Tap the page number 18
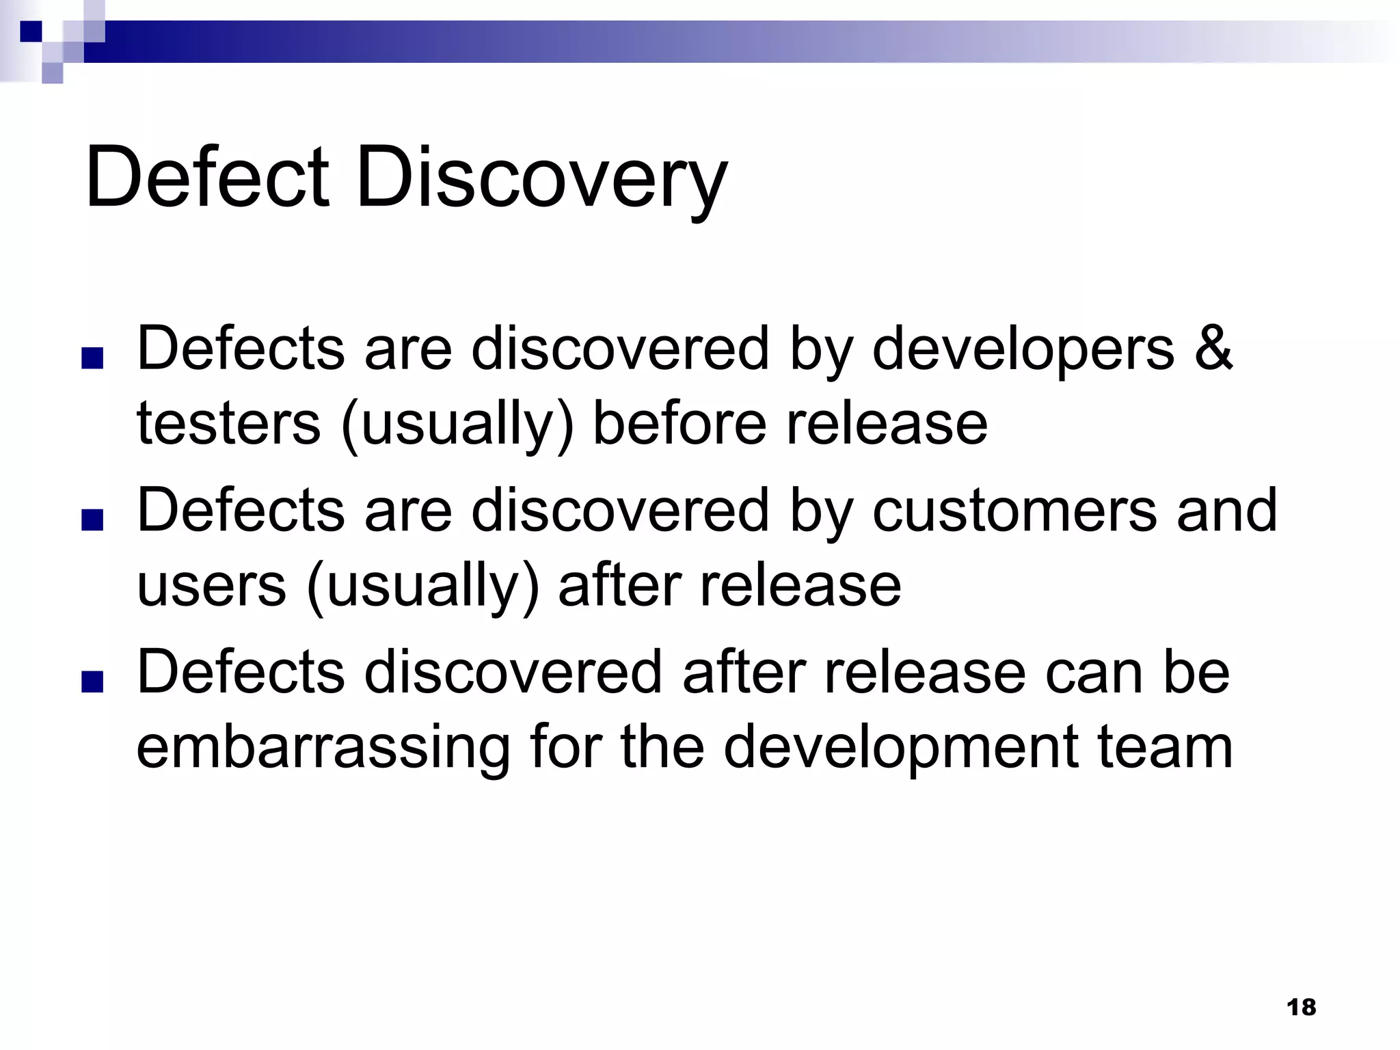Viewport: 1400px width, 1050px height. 1301,1007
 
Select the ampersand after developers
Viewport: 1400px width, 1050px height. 1213,349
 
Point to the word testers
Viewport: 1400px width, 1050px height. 228,423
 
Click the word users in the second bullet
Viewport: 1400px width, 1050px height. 211,586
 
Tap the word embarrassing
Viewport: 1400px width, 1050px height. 323,747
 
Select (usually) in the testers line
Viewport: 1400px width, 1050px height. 457,425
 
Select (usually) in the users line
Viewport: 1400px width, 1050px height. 422,587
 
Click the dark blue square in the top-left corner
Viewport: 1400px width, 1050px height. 31,31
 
